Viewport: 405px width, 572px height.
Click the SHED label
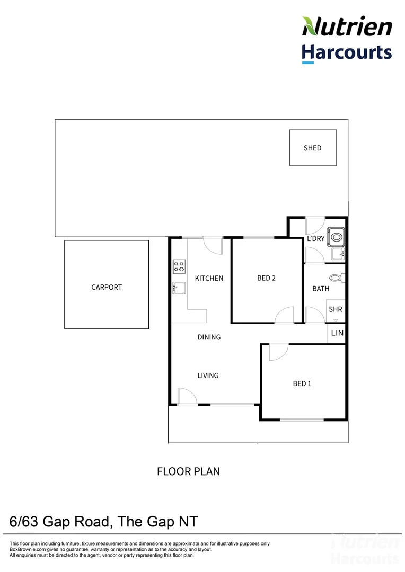pos(312,148)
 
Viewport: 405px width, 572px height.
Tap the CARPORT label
pos(107,287)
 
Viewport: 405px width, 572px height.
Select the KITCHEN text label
pos(209,278)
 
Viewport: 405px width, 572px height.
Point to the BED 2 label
pos(266,278)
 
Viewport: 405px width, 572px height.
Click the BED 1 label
pos(302,383)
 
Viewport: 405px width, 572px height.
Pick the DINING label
pos(209,337)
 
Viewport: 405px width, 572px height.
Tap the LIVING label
pos(208,376)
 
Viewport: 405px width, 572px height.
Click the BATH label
pos(321,289)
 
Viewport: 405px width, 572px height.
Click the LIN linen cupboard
pos(337,333)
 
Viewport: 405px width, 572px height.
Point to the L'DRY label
pos(316,239)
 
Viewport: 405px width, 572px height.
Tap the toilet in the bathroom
pos(336,277)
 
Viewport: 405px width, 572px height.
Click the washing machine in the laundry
pos(336,237)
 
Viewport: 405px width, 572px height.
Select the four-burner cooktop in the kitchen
pos(179,266)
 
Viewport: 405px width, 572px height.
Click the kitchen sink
pos(179,288)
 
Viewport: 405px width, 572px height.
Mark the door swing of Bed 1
pos(277,352)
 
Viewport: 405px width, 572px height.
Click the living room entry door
pos(187,397)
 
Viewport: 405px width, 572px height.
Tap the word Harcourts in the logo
pos(347,52)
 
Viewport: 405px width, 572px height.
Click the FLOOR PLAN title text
pos(188,471)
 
